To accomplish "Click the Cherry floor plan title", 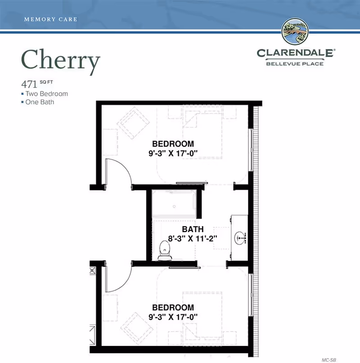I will pyautogui.click(x=60, y=61).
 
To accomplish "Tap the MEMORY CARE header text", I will pyautogui.click(x=50, y=19).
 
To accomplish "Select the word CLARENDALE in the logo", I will pyautogui.click(x=295, y=53).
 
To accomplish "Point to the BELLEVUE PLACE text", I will pyautogui.click(x=295, y=63).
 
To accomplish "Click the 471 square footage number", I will pyautogui.click(x=28, y=84).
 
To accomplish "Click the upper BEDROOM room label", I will pyautogui.click(x=173, y=144).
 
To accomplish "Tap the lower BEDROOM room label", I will pyautogui.click(x=173, y=308).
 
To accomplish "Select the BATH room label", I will pyautogui.click(x=193, y=229).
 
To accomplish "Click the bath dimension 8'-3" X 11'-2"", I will pyautogui.click(x=193, y=238).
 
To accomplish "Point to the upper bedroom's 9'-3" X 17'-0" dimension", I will pyautogui.click(x=173, y=153).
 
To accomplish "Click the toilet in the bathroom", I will pyautogui.click(x=165, y=250).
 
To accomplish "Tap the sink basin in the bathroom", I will pyautogui.click(x=240, y=237).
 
